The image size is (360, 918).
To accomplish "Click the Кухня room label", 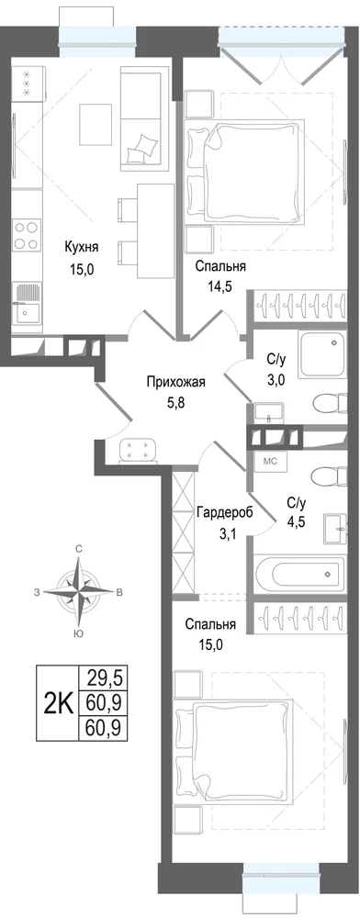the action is [82, 247].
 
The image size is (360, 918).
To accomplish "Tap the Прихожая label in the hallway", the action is [175, 383].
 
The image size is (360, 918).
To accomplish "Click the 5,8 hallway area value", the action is [176, 405].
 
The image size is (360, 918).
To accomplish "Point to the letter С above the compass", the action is [78, 548].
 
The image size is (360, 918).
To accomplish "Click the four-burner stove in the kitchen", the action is [27, 234].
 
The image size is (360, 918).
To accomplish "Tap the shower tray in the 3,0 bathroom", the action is [323, 354].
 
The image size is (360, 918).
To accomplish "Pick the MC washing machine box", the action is [269, 461].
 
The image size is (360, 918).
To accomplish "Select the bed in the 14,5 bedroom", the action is [245, 171].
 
